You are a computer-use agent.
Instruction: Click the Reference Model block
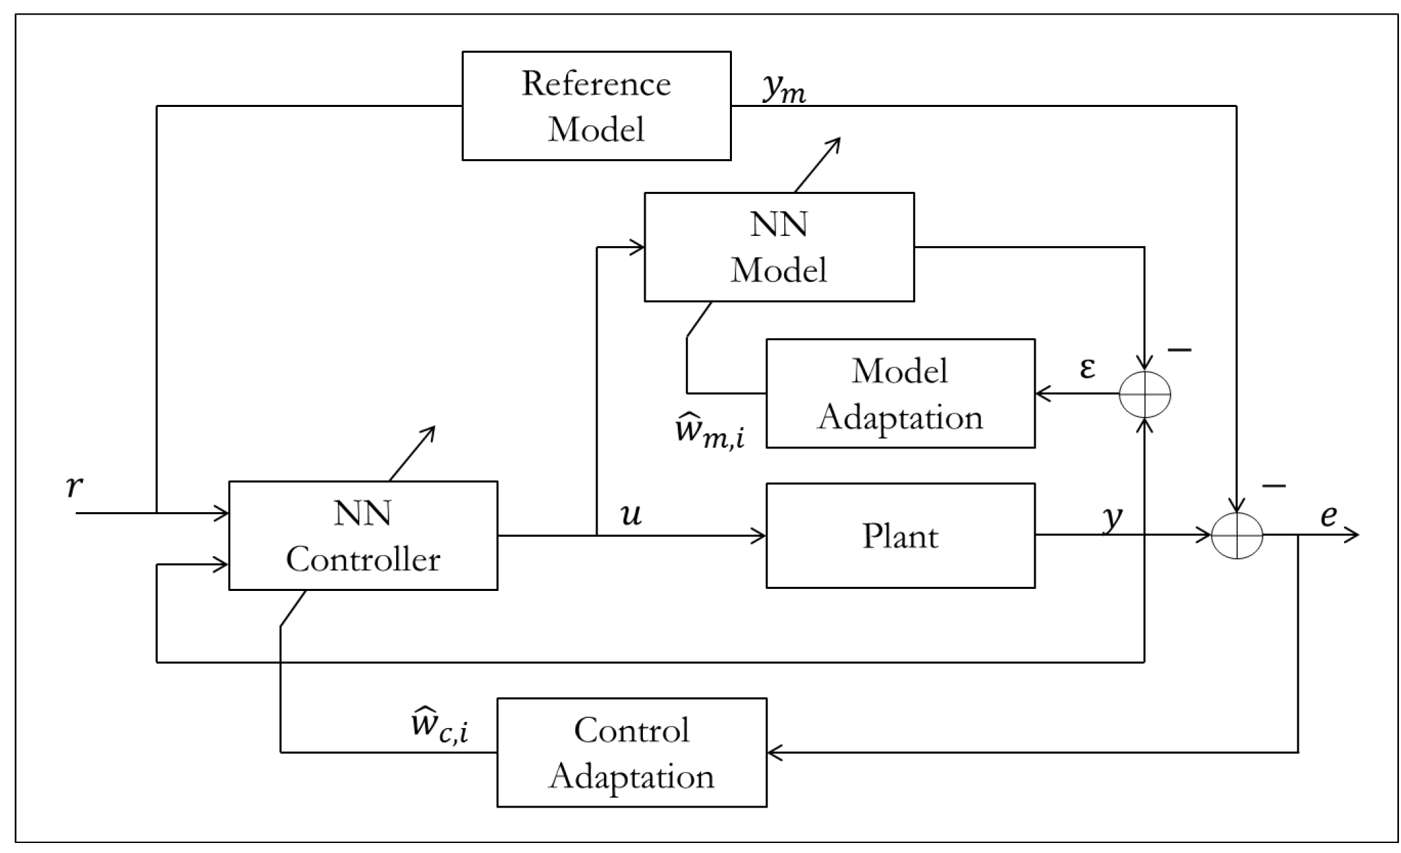pos(596,106)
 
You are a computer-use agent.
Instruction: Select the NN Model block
pos(779,247)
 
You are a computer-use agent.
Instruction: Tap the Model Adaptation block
pos(900,393)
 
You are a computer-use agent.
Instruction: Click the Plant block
pos(900,535)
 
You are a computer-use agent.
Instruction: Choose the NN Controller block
pos(363,535)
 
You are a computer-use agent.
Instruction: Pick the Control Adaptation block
pos(631,752)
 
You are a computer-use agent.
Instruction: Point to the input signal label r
pos(74,487)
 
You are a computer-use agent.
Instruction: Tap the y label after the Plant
pos(1112,517)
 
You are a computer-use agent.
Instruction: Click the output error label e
pos(1328,515)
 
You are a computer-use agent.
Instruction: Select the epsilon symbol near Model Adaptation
pos(1087,368)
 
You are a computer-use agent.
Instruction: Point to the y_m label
pos(784,89)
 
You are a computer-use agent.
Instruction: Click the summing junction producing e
pos(1236,535)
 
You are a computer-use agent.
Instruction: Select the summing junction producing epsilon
pos(1145,394)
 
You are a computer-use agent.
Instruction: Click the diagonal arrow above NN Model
pos(818,164)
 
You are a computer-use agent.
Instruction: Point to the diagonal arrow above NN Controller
pos(412,453)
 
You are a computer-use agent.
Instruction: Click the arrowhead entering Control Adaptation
pos(774,753)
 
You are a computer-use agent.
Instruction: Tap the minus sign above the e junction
pos(1273,485)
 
